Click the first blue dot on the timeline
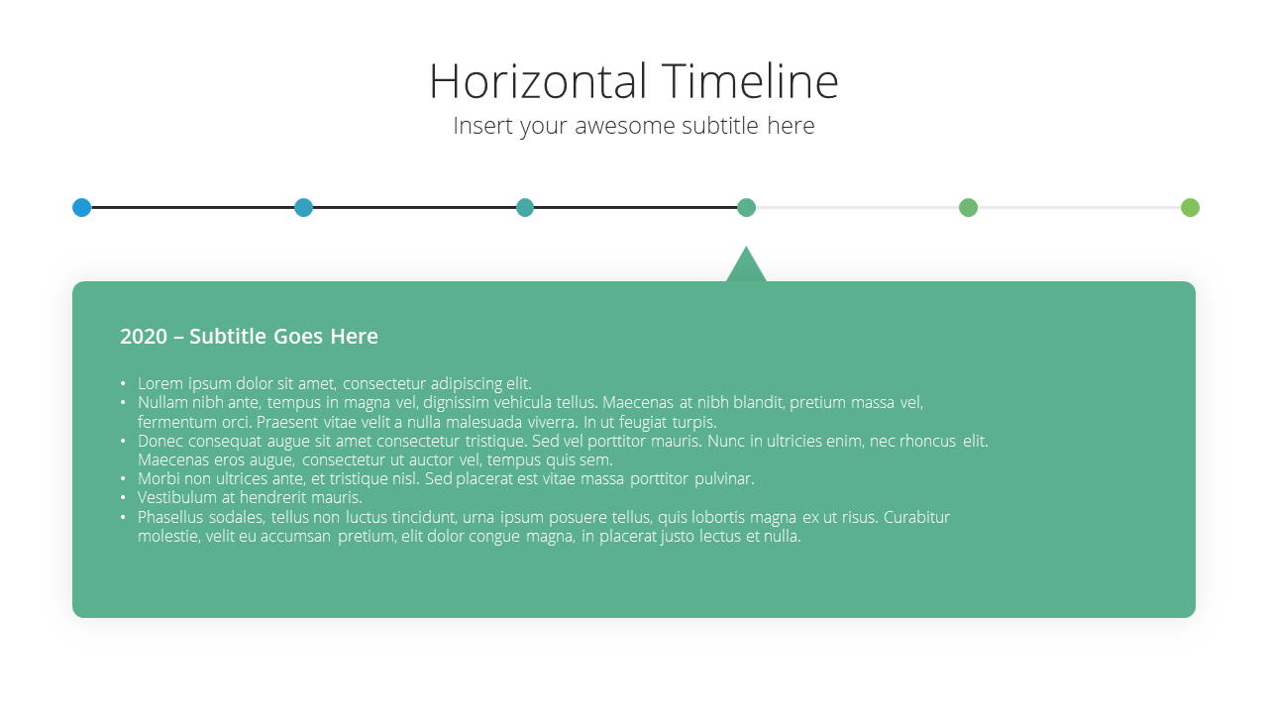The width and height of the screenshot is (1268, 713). (82, 208)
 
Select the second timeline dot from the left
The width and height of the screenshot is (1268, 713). (303, 208)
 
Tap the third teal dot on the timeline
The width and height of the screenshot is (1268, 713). (525, 208)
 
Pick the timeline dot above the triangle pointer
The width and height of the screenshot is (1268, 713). (746, 208)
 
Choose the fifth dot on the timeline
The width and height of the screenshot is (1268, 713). (968, 208)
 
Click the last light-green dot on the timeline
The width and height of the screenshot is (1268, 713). (1190, 208)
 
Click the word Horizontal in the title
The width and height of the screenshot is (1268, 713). (538, 81)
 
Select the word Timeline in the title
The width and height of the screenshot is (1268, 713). (750, 81)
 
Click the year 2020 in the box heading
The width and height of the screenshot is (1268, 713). (144, 337)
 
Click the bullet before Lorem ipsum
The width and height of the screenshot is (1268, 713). (123, 383)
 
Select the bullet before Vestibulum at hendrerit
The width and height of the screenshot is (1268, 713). (123, 497)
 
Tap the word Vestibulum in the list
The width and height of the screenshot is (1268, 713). (176, 497)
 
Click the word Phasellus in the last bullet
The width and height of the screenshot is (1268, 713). (170, 517)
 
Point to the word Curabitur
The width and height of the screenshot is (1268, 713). (916, 517)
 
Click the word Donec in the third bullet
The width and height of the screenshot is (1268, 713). (159, 441)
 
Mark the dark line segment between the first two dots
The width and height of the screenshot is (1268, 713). (193, 208)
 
